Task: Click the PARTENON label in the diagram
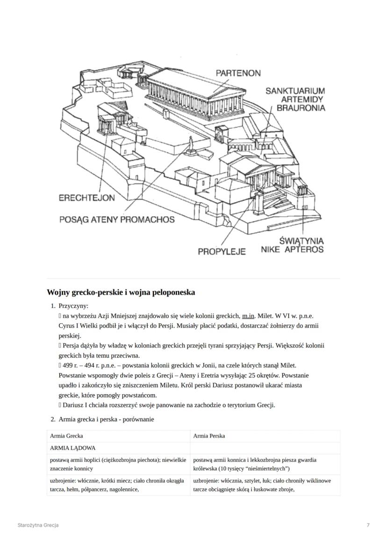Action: point(238,73)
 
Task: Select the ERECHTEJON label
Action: point(86,198)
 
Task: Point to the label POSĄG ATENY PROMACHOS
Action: point(117,220)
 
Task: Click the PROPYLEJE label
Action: point(222,252)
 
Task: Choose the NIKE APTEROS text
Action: point(292,250)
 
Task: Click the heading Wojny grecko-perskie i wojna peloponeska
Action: point(121,292)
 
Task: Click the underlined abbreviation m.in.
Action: point(248,316)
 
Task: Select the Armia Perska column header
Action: point(208,436)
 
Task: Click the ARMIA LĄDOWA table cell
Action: point(72,447)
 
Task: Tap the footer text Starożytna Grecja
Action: point(38,525)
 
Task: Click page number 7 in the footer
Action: point(368,525)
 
